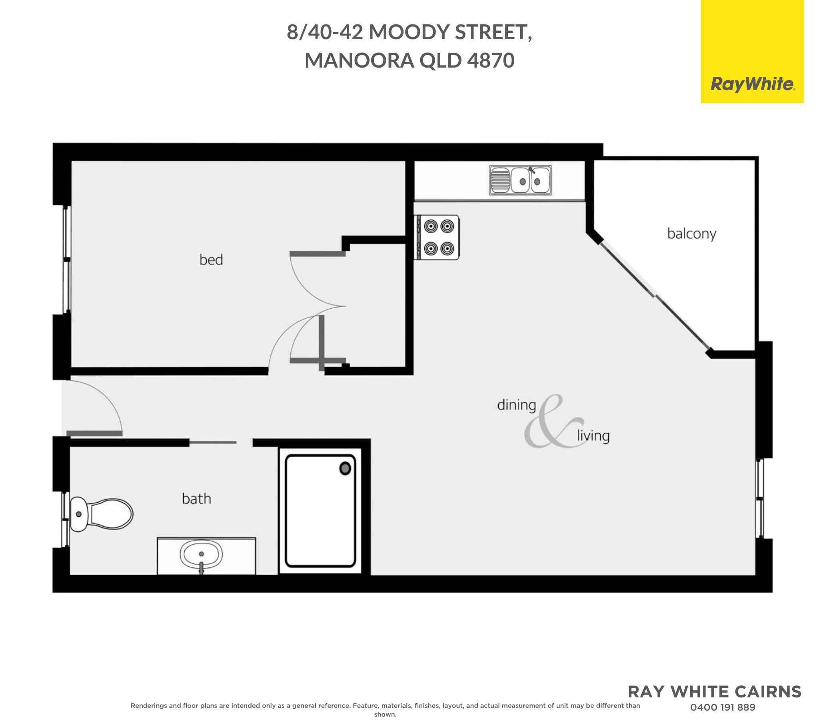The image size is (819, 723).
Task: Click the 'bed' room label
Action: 211,260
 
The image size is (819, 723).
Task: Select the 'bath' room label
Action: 196,499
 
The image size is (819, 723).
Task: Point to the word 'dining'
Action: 516,405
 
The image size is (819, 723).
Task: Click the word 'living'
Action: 593,435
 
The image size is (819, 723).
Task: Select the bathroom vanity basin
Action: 201,555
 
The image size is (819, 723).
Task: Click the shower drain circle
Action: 345,468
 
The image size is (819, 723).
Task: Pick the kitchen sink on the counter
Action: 520,181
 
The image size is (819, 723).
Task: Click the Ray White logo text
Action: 752,84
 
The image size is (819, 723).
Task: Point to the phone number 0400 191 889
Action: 723,707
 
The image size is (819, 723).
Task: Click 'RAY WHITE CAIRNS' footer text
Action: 714,691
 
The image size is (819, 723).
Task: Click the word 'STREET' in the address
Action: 493,32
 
